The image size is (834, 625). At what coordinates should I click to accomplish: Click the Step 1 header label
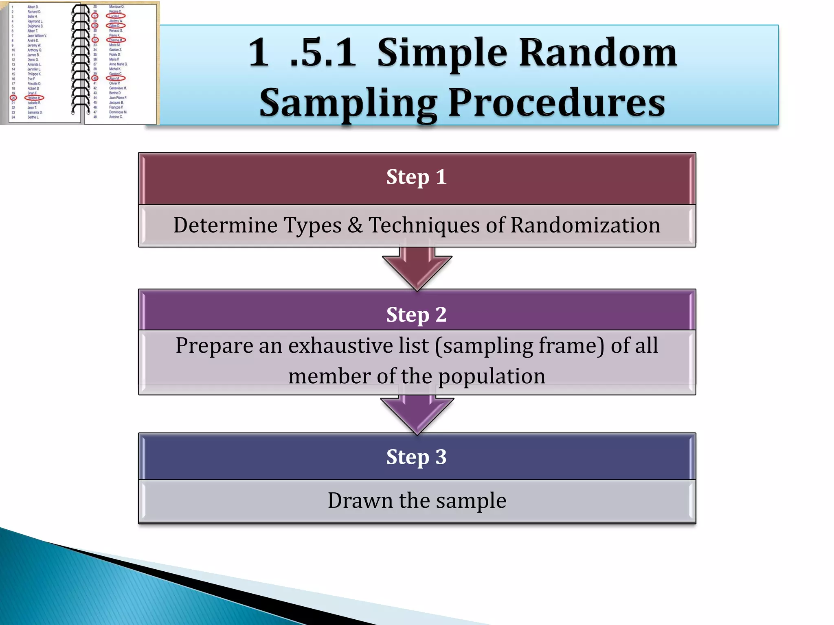point(416,177)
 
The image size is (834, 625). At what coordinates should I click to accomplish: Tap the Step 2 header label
point(416,315)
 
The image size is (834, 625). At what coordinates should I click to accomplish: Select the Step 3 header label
point(416,457)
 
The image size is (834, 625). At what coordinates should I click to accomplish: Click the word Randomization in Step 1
point(585,225)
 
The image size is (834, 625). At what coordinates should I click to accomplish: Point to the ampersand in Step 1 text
point(355,225)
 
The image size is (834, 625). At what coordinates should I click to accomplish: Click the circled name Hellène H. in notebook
point(34,98)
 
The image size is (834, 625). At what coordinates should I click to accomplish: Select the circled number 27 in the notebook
point(95,16)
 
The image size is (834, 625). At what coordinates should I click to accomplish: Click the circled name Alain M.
point(116,78)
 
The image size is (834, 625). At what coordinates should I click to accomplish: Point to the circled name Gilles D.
point(115,26)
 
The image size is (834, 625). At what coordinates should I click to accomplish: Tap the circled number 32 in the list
point(95,40)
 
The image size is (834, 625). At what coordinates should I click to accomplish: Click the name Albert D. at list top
point(33,7)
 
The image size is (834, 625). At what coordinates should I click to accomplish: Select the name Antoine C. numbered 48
point(116,117)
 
